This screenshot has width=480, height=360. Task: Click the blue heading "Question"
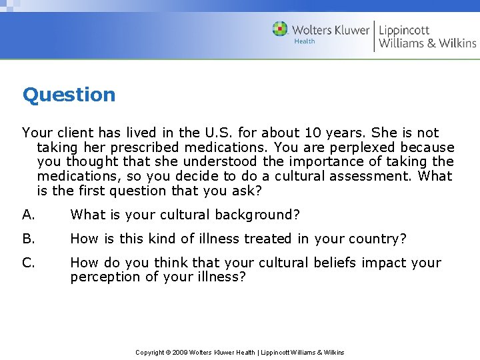69,95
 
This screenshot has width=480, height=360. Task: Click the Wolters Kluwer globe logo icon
281,29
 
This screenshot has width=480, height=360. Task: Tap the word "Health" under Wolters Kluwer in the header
305,41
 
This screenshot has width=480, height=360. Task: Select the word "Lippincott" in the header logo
404,29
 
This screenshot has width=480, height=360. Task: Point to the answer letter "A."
29,215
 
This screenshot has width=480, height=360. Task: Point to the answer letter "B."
29,239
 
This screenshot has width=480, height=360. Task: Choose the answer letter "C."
29,263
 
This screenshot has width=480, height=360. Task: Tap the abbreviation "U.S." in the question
218,133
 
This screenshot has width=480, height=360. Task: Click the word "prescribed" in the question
146,147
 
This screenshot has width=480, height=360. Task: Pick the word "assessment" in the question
373,176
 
